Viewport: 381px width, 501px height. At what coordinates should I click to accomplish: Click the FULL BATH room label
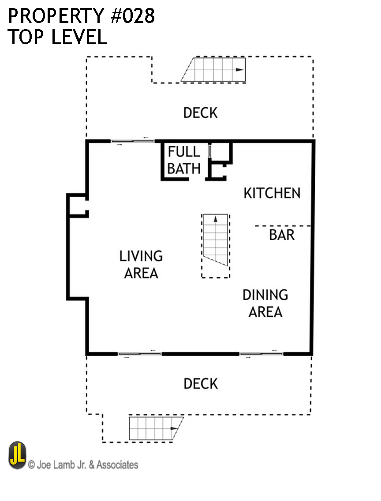click(184, 160)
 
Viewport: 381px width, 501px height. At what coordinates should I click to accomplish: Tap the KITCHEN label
click(272, 193)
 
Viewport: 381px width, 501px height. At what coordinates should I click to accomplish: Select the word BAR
click(282, 235)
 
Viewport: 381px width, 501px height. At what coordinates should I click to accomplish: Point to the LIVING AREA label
click(141, 264)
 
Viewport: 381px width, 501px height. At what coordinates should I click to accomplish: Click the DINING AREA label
click(265, 303)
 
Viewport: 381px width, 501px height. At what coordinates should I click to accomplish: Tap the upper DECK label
click(200, 113)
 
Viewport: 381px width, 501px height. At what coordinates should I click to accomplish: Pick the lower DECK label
click(201, 384)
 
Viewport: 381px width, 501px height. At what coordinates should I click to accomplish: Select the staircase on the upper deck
click(213, 69)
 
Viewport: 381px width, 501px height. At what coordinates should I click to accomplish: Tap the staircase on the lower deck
click(156, 428)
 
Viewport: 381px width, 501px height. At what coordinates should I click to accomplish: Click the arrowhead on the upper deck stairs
click(240, 70)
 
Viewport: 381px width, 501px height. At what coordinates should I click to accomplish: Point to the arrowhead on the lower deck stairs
click(174, 429)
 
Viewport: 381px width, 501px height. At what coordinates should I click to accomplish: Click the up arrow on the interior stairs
click(215, 219)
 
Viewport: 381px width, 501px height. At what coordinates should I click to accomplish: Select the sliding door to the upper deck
click(133, 141)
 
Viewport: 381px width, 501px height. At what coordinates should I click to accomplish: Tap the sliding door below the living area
click(140, 354)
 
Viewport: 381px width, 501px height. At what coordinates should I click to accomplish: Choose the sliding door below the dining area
click(261, 354)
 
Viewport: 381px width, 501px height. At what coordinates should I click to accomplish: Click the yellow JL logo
click(17, 455)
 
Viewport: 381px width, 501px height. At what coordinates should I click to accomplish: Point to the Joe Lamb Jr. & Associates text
click(83, 464)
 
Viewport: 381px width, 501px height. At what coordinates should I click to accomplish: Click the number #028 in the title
click(133, 15)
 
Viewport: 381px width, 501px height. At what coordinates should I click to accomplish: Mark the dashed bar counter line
click(283, 226)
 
